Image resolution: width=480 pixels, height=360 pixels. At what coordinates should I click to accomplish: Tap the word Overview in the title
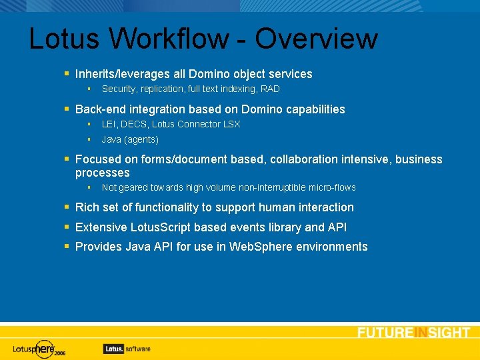pos(316,39)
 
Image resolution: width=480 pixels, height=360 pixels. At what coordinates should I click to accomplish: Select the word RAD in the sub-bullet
pos(270,89)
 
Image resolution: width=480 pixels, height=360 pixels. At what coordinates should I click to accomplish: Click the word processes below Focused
pos(102,173)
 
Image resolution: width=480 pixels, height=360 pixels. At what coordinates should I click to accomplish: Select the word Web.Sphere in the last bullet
pos(259,247)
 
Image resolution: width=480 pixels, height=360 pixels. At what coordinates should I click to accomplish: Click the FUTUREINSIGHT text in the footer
pos(413,333)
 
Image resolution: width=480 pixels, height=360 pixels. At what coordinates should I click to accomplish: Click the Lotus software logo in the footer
pos(127,348)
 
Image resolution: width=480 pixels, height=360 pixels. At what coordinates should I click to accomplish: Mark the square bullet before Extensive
pos(67,227)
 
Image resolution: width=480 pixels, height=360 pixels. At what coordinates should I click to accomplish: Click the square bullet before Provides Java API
pos(67,246)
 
